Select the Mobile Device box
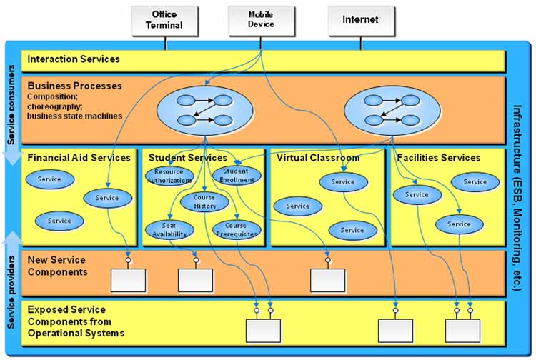(261, 20)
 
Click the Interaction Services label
(74, 59)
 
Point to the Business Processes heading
(74, 86)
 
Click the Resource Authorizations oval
(169, 176)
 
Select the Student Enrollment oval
(235, 176)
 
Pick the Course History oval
(204, 202)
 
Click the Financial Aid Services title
(79, 158)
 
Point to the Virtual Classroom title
(317, 158)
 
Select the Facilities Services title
(439, 158)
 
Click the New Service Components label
(56, 266)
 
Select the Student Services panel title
(188, 158)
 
